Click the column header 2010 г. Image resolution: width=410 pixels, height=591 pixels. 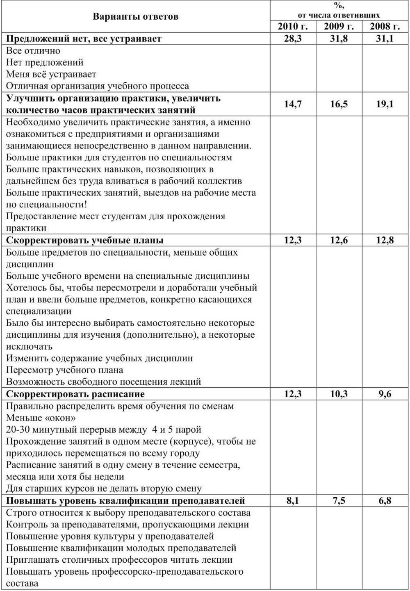point(293,27)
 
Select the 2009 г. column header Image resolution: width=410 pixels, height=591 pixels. point(339,27)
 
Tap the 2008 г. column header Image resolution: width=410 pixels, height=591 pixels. point(385,27)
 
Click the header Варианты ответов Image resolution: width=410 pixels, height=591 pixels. point(135,16)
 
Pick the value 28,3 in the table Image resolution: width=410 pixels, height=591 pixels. point(293,39)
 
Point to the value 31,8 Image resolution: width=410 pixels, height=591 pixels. point(339,39)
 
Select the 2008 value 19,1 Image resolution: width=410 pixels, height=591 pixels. point(385,104)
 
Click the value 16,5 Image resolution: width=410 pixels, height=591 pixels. point(339,104)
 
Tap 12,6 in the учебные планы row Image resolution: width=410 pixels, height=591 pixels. point(339,240)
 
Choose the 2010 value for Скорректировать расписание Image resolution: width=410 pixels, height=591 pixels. point(293,394)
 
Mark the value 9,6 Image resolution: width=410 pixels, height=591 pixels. point(385,394)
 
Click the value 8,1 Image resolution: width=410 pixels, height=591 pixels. point(293,500)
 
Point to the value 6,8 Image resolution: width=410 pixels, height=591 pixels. point(385,500)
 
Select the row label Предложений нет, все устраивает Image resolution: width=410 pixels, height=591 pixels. point(84,39)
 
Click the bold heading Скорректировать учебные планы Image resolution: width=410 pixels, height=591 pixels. point(84,240)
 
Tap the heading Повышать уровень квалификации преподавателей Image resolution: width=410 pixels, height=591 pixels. point(125,500)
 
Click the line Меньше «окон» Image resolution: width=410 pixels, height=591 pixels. point(41,418)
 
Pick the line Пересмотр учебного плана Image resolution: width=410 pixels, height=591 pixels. point(64,370)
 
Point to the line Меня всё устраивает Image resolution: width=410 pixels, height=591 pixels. point(51,74)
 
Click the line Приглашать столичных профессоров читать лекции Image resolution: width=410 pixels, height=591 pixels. point(119,560)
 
